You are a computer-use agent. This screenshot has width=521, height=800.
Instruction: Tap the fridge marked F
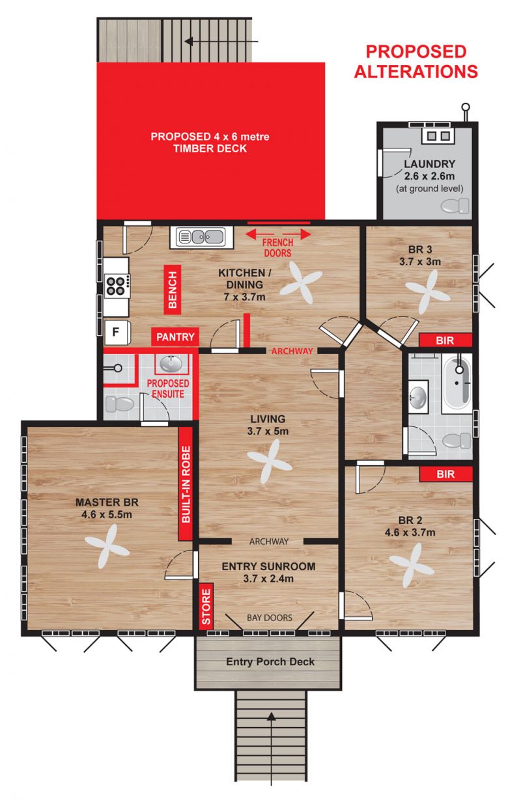(117, 332)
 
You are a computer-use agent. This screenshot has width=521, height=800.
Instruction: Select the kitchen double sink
(201, 237)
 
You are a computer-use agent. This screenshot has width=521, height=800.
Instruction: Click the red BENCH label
(172, 290)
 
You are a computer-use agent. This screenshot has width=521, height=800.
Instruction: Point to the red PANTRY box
(175, 337)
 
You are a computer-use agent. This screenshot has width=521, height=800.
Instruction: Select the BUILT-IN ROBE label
(186, 484)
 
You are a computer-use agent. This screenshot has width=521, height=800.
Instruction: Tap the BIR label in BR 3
(445, 340)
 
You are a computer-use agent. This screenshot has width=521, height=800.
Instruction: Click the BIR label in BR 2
(446, 474)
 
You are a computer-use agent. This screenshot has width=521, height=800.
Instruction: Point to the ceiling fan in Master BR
(107, 546)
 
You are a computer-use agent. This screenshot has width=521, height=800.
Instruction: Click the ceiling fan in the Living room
(270, 462)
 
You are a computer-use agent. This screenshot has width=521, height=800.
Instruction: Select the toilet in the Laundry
(455, 206)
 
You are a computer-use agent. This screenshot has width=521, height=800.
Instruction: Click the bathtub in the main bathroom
(457, 383)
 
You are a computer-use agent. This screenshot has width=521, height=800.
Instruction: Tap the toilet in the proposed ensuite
(120, 404)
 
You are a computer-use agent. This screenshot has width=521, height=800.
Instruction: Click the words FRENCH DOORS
(277, 248)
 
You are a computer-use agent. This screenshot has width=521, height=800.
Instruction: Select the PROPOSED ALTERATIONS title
(416, 61)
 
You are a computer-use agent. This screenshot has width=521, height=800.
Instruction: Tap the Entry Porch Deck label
(270, 661)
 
